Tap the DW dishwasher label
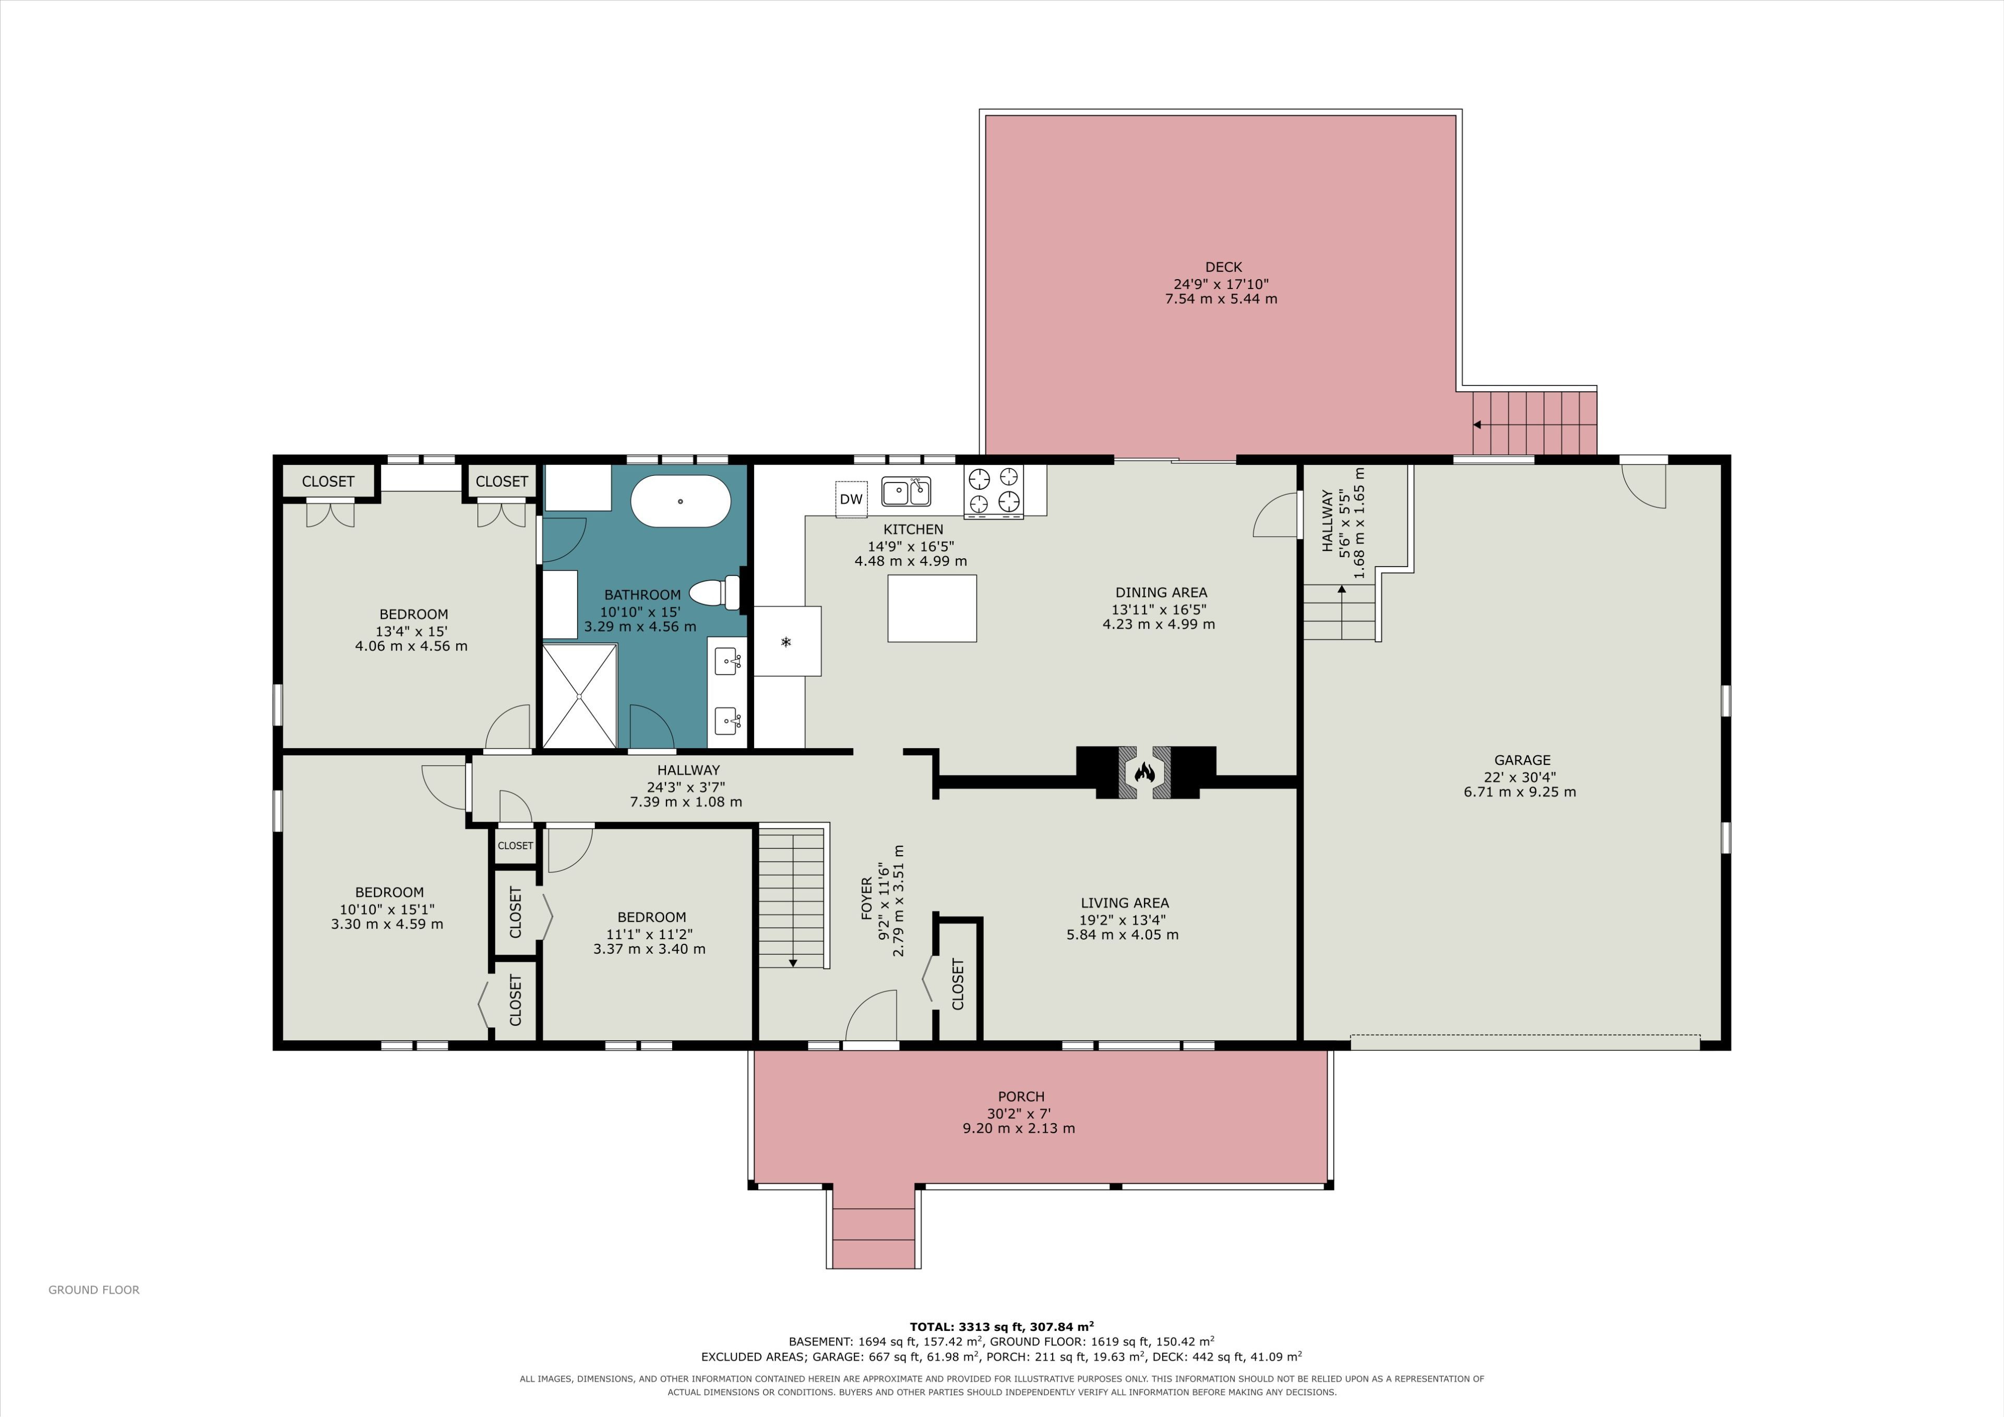click(851, 499)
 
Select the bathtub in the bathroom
click(681, 501)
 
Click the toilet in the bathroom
click(715, 593)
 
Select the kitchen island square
click(932, 608)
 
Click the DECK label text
click(1223, 267)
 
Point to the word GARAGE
click(1522, 760)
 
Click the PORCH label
click(1021, 1097)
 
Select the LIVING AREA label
click(1124, 903)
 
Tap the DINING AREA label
click(1161, 593)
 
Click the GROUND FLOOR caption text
click(93, 1290)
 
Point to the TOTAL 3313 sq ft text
click(1002, 1326)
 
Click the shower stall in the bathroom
click(580, 695)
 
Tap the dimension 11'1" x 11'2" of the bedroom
click(649, 933)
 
